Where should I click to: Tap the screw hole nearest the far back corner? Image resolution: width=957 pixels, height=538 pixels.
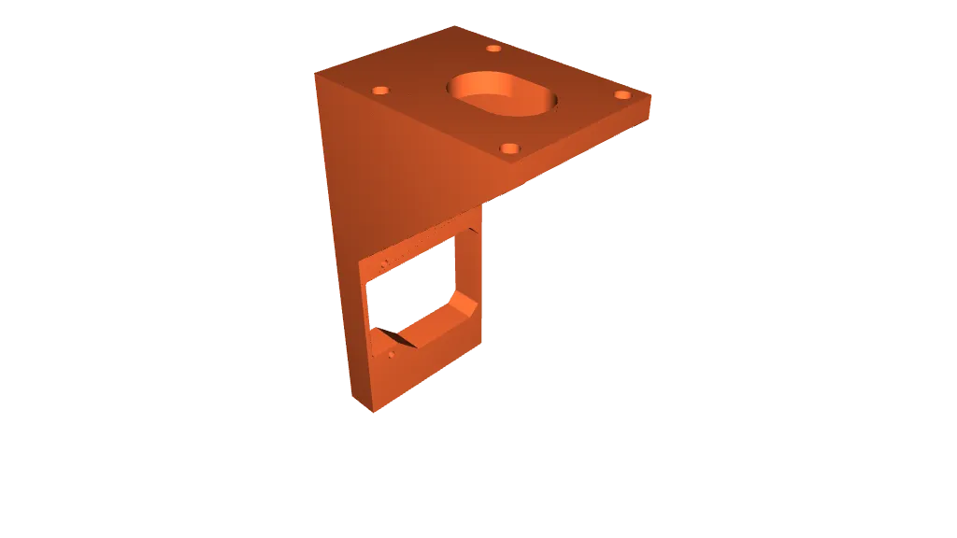[493, 49]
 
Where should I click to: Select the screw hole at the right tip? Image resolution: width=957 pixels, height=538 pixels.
[622, 95]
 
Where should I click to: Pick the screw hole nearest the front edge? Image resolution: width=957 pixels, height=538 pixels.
[509, 149]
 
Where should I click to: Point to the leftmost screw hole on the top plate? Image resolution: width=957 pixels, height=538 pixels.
[379, 91]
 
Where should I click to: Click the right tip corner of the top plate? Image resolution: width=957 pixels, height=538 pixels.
[650, 96]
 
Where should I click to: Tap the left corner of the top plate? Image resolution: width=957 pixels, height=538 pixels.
[316, 72]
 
